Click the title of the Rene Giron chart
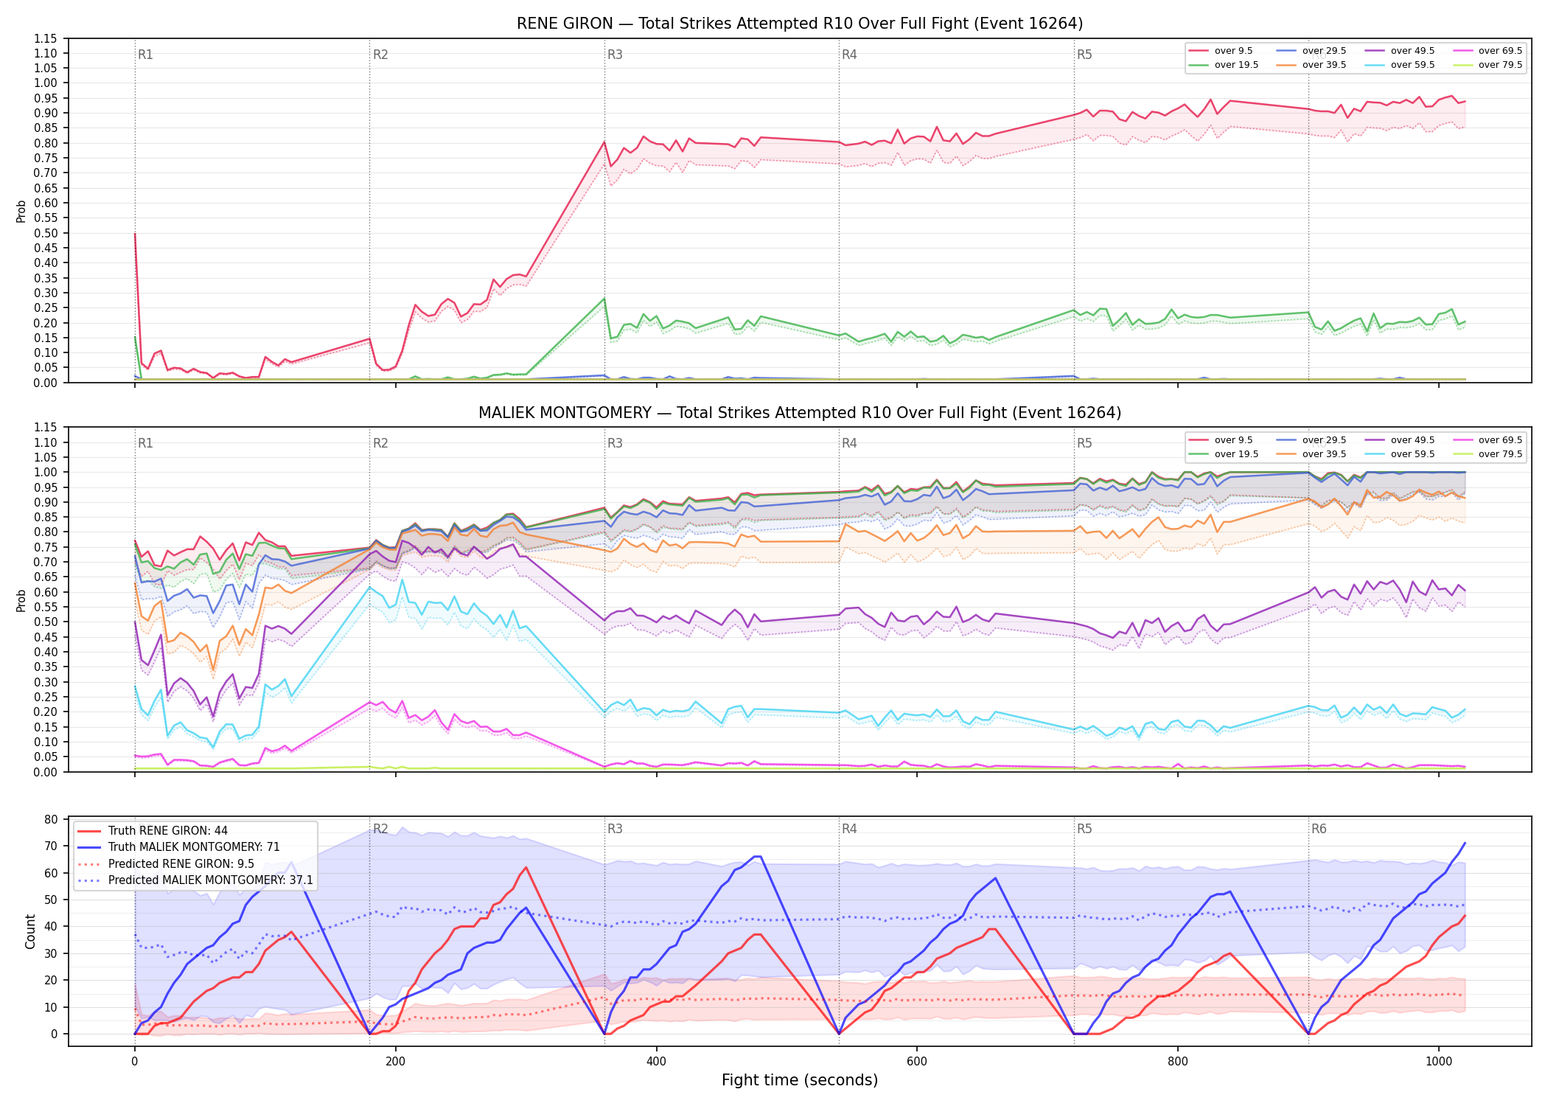tap(800, 24)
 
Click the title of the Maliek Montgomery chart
tap(800, 413)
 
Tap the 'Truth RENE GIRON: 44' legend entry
tap(167, 831)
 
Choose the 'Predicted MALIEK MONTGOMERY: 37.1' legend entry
tap(195, 880)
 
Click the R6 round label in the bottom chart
tap(1319, 829)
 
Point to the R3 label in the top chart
tap(615, 55)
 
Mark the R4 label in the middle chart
tap(849, 443)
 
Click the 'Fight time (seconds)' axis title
tap(800, 1080)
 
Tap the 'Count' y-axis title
tap(30, 932)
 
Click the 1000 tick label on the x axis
tap(1439, 1062)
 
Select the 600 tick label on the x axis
tap(917, 1062)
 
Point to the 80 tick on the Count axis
tap(51, 819)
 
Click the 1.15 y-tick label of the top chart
tap(46, 38)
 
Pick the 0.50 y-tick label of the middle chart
tap(46, 622)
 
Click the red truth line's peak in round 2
tap(526, 867)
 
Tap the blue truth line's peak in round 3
tap(757, 856)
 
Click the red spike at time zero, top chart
tap(135, 234)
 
